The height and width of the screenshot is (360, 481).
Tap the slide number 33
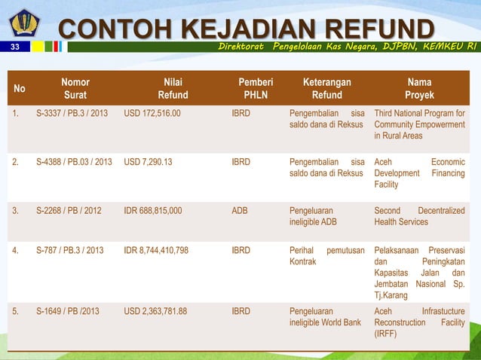14,47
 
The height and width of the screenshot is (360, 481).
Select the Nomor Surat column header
75,89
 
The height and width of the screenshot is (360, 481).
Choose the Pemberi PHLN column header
256,89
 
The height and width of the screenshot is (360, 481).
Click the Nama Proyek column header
419,89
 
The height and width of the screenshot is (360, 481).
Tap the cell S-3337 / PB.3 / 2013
72,114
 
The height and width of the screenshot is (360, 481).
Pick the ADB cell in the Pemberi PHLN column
240,211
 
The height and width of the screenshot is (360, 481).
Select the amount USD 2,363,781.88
155,311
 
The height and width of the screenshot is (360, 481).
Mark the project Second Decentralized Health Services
419,216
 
